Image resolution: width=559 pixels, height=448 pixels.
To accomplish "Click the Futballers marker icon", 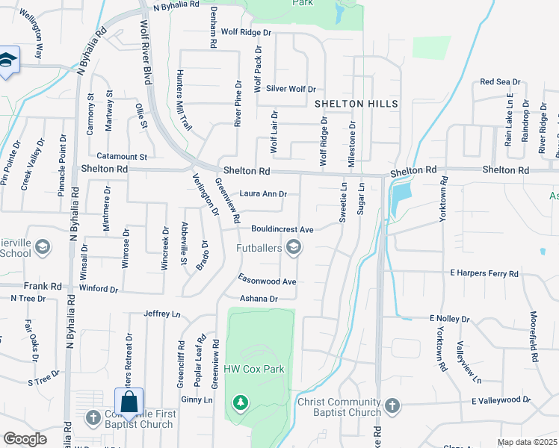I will point(294,247).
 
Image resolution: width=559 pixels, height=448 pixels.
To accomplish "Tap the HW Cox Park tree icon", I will point(240,404).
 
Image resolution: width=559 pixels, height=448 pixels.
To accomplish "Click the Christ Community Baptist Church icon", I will point(392,405).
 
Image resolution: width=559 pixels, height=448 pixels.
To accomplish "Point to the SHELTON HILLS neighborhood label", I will point(356,103).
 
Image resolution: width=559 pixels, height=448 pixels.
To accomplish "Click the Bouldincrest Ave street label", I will point(282,228).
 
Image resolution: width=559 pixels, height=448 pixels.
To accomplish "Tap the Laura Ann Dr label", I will point(263,194).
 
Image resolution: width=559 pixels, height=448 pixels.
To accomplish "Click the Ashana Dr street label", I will point(259,299).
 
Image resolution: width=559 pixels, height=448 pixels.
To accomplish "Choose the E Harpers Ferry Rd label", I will point(484,275).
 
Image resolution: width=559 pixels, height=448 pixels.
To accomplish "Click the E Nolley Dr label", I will point(449,319).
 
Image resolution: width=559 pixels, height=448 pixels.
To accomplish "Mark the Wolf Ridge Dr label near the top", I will point(245,33).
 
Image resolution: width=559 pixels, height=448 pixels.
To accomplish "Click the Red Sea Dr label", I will point(501,81).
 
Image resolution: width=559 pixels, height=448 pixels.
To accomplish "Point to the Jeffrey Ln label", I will point(162,314).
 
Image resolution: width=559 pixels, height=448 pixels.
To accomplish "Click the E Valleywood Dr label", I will point(501,401).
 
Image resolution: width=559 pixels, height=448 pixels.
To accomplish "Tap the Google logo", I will point(25,439).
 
